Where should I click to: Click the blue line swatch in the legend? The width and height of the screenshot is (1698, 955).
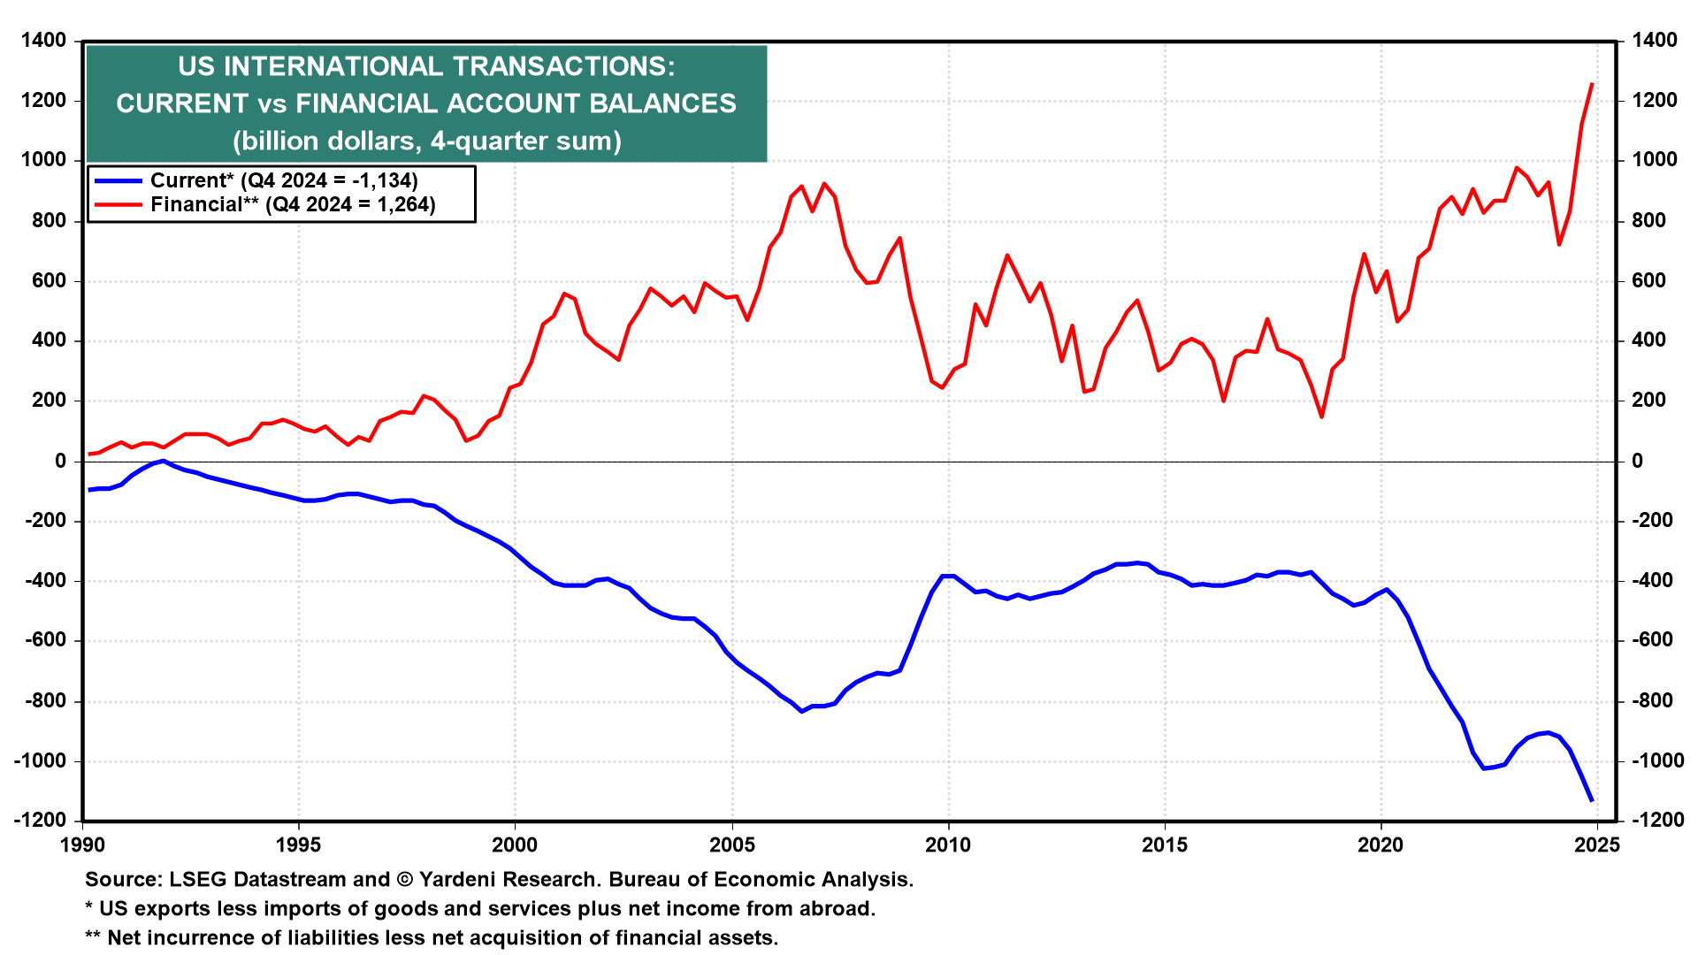119,181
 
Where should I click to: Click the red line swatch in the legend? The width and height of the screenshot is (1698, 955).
119,205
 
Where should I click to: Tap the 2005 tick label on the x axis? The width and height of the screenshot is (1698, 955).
732,845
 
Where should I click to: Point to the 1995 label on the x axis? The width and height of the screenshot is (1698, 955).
299,845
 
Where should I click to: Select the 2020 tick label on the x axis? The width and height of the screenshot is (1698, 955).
1381,845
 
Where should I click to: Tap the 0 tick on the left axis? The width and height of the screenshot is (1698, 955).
60,462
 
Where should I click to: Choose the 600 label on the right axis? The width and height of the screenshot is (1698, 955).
1648,281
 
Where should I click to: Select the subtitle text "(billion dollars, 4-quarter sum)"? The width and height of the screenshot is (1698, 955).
427,141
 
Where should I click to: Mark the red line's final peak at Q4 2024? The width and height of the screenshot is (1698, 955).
1592,84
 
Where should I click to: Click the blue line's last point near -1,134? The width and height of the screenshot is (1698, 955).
1592,800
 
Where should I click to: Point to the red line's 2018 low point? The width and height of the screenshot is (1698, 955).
1321,416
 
